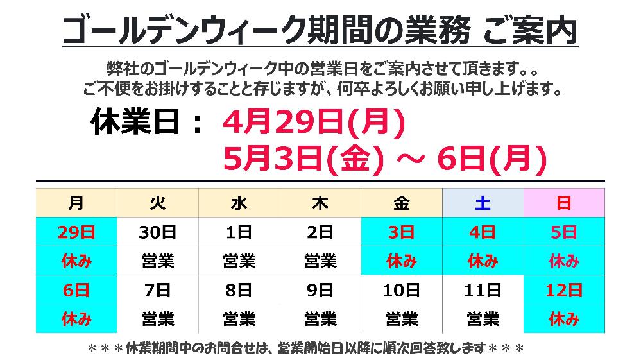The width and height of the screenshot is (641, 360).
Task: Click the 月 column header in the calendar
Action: click(76, 203)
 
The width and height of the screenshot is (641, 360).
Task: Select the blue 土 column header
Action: click(483, 203)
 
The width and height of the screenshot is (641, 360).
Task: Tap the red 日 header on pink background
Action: click(564, 203)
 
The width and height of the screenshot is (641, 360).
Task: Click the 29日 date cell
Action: click(76, 232)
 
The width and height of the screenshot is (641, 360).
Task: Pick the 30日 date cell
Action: click(157, 232)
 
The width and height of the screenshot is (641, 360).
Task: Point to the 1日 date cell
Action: click(239, 232)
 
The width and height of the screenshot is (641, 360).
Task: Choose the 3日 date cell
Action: click(402, 232)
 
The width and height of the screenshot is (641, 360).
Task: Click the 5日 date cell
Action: click(564, 232)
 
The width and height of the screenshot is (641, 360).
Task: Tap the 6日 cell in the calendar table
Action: click(76, 290)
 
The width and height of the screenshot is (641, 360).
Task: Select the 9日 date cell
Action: click(320, 290)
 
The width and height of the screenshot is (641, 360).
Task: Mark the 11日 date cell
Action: click(483, 290)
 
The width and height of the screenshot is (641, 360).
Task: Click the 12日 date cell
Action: click(564, 290)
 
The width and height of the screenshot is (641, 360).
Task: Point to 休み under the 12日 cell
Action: click(564, 318)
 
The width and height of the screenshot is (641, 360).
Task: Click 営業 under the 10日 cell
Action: click(402, 318)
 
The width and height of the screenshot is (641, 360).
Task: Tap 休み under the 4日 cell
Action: click(483, 261)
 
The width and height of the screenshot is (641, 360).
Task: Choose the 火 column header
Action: click(157, 203)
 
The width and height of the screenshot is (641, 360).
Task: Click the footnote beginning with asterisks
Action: click(305, 348)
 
